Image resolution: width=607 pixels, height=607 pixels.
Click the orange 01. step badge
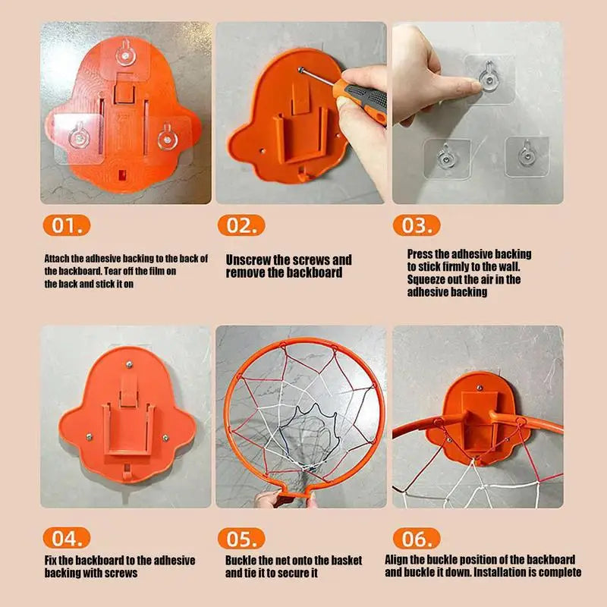coord(67,225)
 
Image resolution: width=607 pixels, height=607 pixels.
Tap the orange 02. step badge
coord(241,225)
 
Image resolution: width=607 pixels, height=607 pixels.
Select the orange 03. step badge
coord(417,225)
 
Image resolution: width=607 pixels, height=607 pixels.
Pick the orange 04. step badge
coord(67,538)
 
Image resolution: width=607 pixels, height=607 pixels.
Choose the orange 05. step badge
coord(241,539)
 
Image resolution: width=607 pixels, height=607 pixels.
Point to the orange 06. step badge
coord(417,539)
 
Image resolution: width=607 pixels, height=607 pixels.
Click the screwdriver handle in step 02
coord(363,98)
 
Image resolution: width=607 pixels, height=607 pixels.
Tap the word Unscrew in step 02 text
coord(248,259)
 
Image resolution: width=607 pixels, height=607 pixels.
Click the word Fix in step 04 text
coord(50,560)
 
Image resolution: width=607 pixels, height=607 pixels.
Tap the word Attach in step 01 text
coord(56,258)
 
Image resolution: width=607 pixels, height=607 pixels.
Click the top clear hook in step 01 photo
coord(126,54)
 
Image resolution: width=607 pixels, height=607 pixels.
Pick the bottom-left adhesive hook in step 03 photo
coord(446,158)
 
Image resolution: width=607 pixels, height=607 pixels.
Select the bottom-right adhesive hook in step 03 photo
coord(527,154)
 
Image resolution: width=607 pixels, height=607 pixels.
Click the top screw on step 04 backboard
coord(129,364)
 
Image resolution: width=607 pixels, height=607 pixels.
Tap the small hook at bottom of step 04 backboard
coord(126,473)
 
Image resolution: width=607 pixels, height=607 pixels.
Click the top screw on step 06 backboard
coord(480,388)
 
